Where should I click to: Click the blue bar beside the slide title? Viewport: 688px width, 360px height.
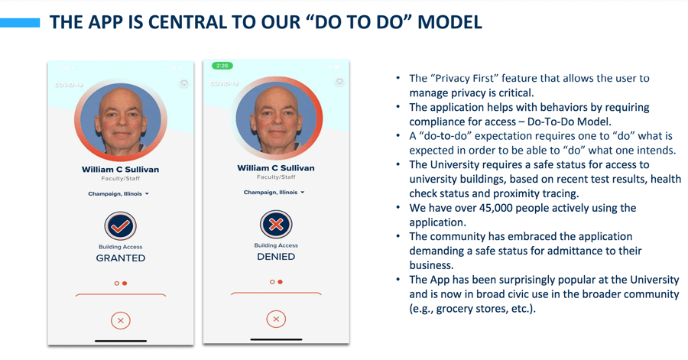pos(20,23)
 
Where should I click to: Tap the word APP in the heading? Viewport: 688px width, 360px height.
pos(105,22)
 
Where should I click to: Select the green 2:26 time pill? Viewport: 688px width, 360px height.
pos(222,66)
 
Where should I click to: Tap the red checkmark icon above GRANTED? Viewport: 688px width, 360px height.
pos(120,226)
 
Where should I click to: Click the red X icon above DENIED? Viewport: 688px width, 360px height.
pos(276,225)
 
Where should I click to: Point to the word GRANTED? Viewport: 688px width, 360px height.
pos(121,258)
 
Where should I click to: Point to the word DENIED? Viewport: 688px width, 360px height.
pos(276,257)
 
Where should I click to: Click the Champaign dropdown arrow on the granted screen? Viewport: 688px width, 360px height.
pos(147,194)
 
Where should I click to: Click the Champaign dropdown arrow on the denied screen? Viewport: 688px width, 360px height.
pos(303,193)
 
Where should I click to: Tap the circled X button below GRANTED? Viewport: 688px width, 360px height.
pos(121,320)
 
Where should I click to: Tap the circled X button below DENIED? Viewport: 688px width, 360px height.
pos(276,319)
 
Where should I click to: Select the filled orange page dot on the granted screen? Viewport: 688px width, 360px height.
pos(125,284)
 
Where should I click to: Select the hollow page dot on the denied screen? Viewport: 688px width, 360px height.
pos(272,282)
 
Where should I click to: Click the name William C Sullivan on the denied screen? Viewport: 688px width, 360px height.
pos(276,168)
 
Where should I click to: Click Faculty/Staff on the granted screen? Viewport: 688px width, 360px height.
pos(121,178)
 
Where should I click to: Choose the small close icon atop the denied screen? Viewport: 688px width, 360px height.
pos(339,82)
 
